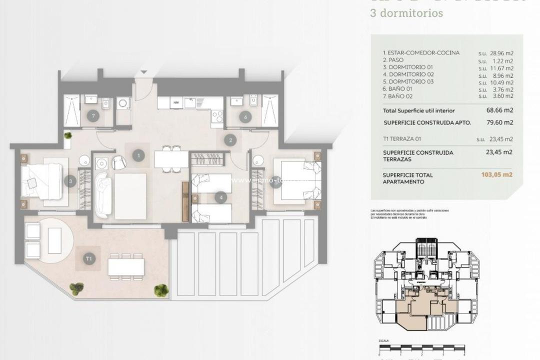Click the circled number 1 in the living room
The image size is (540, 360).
coord(138,155)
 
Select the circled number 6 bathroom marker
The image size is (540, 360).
coord(244,117)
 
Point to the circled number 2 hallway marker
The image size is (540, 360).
coord(230,140)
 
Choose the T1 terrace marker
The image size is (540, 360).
coord(89,258)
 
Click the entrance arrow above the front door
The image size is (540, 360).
coord(144,72)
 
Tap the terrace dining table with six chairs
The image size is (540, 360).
coord(125,266)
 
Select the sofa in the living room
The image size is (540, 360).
coord(103,194)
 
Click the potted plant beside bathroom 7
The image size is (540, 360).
coord(67,135)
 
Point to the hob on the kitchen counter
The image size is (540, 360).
coord(217,116)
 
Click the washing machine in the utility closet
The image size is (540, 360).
coord(123,104)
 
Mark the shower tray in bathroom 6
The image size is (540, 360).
coord(269,110)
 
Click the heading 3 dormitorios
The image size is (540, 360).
coord(406,13)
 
